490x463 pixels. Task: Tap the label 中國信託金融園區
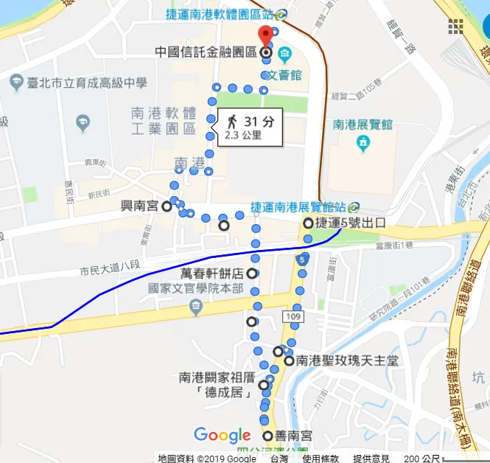coord(205,53)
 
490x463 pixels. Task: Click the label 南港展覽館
coord(362,125)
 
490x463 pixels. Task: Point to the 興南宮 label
coord(139,207)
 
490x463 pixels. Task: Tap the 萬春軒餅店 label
coord(211,274)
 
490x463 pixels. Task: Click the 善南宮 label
coord(293,436)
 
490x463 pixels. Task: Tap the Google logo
coord(223,436)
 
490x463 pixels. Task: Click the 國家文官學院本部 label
coord(195,288)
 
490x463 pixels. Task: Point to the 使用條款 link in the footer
coord(321,458)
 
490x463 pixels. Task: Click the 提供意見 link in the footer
coord(371,458)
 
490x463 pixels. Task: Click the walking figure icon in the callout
coord(231,122)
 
